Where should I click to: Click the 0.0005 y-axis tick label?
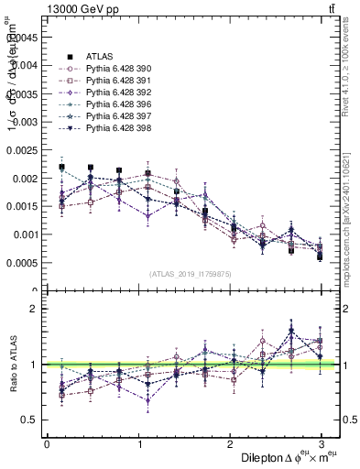(x=24, y=263)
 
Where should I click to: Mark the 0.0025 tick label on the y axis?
(x=24, y=150)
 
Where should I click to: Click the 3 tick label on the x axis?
(x=321, y=443)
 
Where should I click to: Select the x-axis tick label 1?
(x=138, y=443)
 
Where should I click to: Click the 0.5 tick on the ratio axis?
(x=31, y=420)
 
